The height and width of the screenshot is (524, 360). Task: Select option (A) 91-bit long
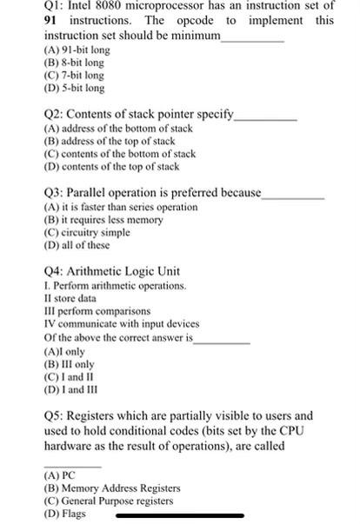(77, 50)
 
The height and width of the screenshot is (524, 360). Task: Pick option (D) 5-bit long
(74, 88)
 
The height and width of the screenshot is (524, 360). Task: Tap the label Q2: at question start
(54, 114)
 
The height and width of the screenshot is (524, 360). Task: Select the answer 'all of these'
(83, 245)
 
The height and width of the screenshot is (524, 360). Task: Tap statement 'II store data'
(70, 298)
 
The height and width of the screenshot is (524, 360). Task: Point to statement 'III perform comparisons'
(97, 310)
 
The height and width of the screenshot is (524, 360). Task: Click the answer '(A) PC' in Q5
(60, 475)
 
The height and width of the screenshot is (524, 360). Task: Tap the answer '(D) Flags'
(65, 514)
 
